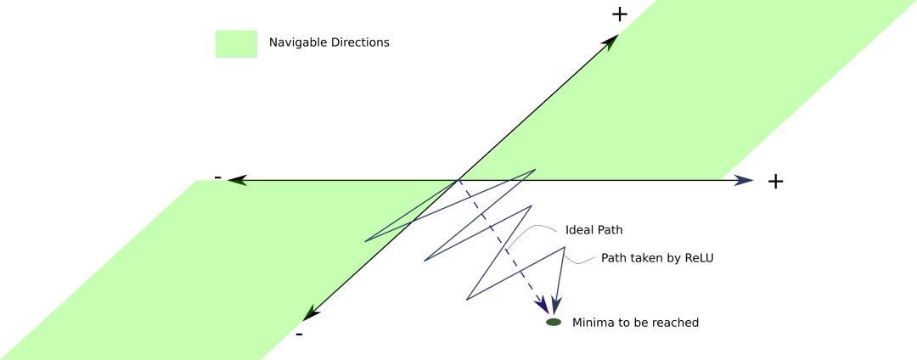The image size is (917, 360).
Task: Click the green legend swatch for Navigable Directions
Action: [236, 43]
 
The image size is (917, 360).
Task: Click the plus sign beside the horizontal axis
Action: [774, 181]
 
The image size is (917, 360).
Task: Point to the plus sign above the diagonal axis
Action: [619, 14]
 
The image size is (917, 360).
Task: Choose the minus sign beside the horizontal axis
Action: [218, 177]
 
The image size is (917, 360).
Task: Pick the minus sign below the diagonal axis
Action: [299, 335]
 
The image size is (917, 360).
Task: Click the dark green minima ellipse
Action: [554, 323]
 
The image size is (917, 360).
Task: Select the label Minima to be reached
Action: [635, 323]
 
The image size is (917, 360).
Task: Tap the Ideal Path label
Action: [594, 230]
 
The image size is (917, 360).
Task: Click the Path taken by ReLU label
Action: [657, 257]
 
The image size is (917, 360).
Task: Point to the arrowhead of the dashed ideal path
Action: [541, 307]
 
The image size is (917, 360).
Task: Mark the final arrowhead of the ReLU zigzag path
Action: [555, 305]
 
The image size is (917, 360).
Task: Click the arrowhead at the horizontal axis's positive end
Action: [745, 180]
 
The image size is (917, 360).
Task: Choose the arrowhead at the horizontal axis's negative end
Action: [236, 180]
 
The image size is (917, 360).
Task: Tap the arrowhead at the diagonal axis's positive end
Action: [610, 42]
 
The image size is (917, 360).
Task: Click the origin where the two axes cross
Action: [459, 180]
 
